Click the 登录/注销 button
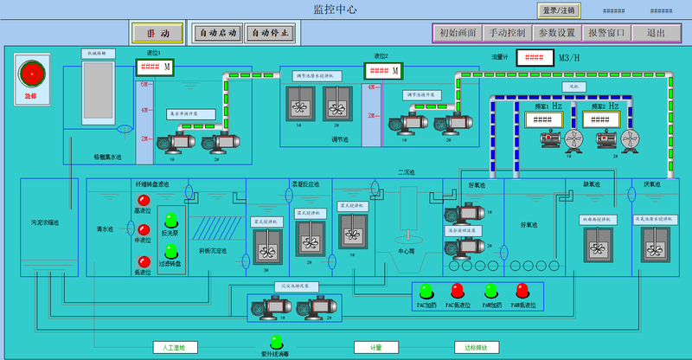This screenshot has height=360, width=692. (559, 10)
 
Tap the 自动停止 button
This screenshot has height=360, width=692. (271, 33)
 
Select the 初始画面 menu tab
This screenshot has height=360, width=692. (458, 33)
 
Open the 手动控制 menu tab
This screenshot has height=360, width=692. (507, 33)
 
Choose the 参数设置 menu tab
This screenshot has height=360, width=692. (556, 33)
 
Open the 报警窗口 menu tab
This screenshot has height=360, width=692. (605, 33)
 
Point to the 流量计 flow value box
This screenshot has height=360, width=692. (534, 58)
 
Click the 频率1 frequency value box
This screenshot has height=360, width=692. (541, 119)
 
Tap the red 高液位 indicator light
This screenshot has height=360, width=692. (144, 201)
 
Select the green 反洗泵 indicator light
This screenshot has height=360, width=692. (170, 220)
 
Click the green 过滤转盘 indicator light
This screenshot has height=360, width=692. (170, 250)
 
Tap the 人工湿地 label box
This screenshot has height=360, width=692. (175, 347)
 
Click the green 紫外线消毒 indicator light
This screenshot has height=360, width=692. (276, 342)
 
